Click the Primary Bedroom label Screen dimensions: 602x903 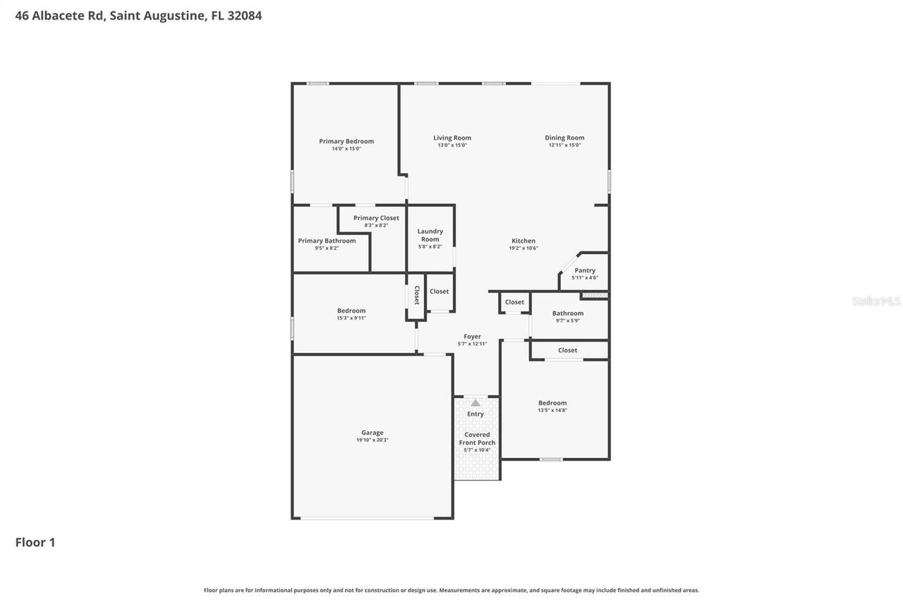coord(346,141)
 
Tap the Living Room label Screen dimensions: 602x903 coord(452,138)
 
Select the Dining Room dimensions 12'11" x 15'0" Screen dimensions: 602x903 coord(564,145)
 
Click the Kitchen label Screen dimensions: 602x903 coord(523,241)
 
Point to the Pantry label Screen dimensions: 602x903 coord(585,270)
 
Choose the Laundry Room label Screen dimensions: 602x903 coord(430,235)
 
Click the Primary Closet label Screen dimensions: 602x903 coord(376,218)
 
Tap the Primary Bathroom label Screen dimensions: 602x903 coord(327,241)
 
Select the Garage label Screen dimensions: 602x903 coord(372,433)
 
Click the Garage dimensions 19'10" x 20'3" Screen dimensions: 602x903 coord(372,440)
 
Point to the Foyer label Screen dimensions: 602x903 coord(473,337)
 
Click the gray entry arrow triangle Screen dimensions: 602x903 coord(475,402)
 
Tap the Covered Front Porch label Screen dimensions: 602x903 coord(477,439)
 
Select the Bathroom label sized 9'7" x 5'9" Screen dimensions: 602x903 coord(568,313)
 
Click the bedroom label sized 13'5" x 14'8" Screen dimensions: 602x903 coord(552,403)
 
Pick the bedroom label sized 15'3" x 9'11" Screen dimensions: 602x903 coord(351,311)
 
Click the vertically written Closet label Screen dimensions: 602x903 coord(416,295)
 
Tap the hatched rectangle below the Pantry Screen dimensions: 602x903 coord(595,294)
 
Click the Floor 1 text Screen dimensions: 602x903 coord(35,542)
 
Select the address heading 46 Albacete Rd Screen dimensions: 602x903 coord(138,15)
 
